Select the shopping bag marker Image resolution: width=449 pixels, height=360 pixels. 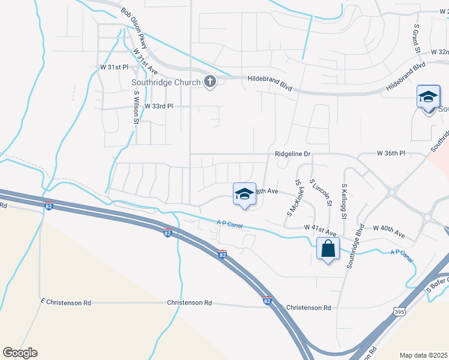[x=328, y=249]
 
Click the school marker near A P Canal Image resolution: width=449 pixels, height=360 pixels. [x=244, y=194]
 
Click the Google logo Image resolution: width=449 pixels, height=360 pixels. [x=20, y=353]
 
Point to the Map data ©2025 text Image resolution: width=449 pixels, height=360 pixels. [x=423, y=355]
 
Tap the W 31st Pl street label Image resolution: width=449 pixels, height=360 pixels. [x=115, y=67]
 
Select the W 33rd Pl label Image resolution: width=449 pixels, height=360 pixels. [x=157, y=106]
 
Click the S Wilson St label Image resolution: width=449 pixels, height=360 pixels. [x=137, y=108]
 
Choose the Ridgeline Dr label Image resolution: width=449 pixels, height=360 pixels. [x=292, y=154]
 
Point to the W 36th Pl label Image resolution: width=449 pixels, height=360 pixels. [x=391, y=154]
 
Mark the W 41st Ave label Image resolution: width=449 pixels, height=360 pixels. [x=319, y=227]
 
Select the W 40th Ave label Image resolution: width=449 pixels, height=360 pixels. [x=388, y=228]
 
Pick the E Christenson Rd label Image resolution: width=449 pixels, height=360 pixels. [x=65, y=303]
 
